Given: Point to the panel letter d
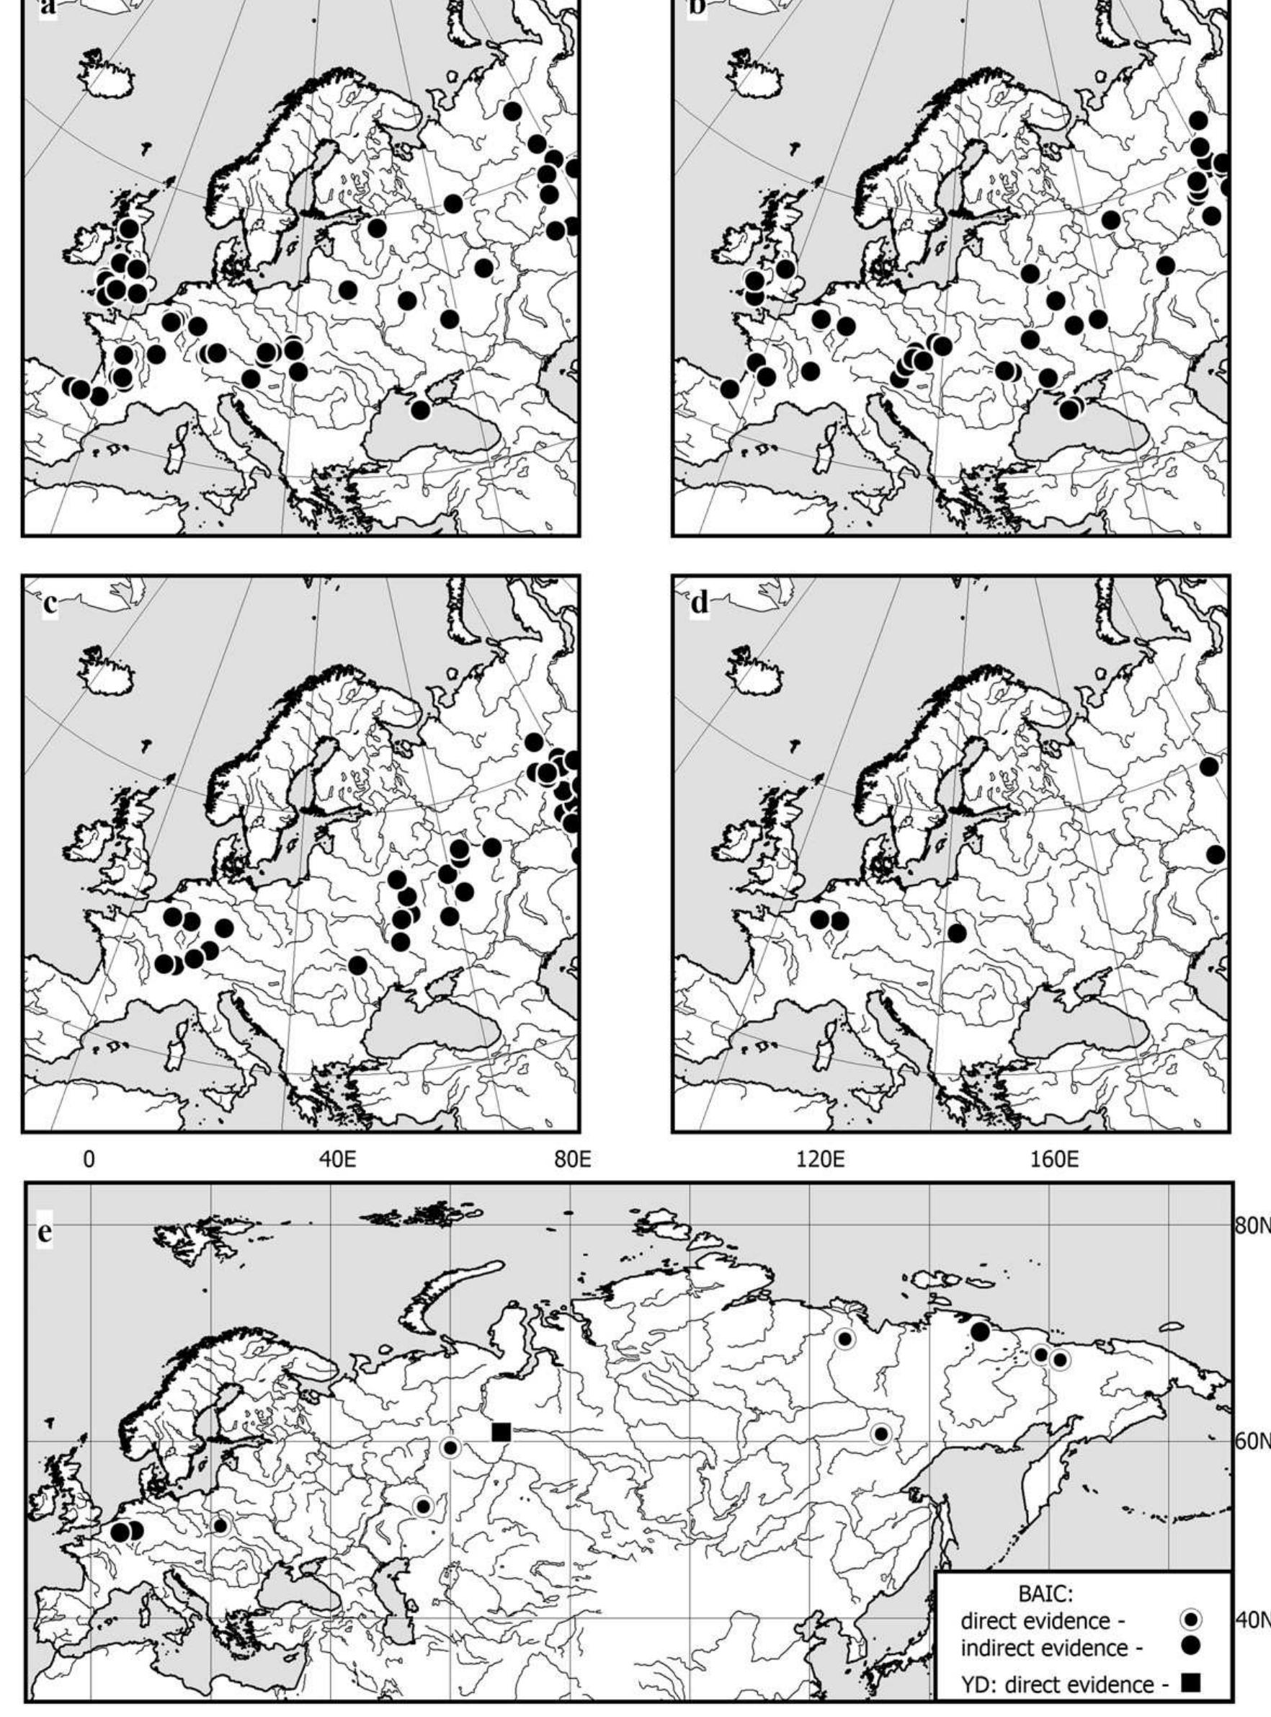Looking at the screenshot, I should [700, 604].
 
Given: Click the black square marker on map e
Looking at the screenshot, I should [501, 1432].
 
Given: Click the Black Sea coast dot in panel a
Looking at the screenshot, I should [420, 409].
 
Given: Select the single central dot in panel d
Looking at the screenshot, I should [957, 933].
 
